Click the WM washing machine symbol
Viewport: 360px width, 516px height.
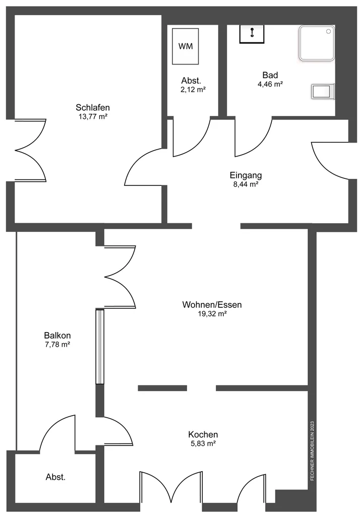[x=186, y=46]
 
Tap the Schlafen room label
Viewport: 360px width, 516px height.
[x=93, y=107]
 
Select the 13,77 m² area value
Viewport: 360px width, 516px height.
[x=93, y=116]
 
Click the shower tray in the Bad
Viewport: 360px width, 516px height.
[x=317, y=43]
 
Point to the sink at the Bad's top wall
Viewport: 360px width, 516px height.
[x=252, y=34]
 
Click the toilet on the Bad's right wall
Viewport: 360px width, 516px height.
[x=323, y=91]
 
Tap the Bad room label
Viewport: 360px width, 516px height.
[x=270, y=75]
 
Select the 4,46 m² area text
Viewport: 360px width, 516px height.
[x=270, y=84]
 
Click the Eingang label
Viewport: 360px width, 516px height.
[x=246, y=175]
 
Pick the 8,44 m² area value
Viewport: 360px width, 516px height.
[x=246, y=184]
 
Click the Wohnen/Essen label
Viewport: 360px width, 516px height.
[x=212, y=305]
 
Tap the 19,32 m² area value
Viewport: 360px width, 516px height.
[x=212, y=314]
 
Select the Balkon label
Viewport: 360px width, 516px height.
[x=57, y=336]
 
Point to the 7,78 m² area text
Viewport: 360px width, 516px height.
[x=57, y=345]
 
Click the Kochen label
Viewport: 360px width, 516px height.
[x=203, y=434]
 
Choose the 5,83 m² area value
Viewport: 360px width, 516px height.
[x=203, y=443]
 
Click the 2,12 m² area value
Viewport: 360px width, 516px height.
[x=193, y=90]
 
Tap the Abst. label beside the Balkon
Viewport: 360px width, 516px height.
[x=55, y=477]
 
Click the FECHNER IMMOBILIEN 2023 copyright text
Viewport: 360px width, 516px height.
[x=312, y=451]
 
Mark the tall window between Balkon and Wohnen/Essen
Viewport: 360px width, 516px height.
[x=100, y=347]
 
